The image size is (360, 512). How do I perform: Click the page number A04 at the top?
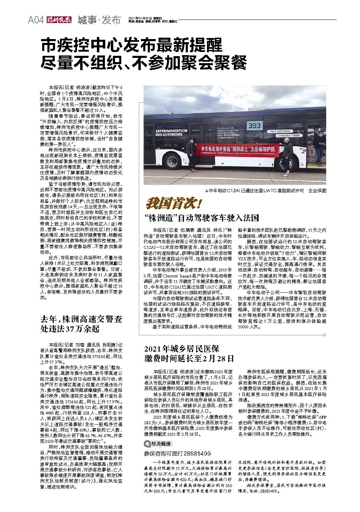pyautogui.click(x=36, y=20)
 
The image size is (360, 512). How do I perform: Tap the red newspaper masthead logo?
pyautogui.click(x=59, y=20)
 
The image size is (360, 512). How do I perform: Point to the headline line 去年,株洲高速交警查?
pyautogui.click(x=81, y=319)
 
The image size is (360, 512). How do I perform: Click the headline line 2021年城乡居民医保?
pyautogui.click(x=182, y=349)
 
